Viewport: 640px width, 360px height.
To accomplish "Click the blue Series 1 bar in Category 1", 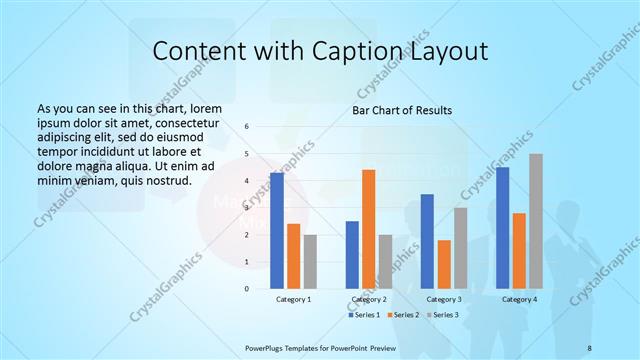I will (x=276, y=231).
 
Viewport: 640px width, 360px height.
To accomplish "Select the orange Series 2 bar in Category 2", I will (x=369, y=229).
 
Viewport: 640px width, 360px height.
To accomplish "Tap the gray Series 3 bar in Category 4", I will (x=536, y=221).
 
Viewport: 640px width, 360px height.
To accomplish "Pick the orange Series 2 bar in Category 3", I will (x=444, y=264).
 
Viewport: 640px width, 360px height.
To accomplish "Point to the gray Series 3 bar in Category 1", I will (x=310, y=262).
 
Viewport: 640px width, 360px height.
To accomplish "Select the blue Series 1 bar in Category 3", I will (x=427, y=241).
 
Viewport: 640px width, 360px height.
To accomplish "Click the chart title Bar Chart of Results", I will (x=402, y=110).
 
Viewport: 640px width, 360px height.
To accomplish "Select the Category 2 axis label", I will (x=369, y=299).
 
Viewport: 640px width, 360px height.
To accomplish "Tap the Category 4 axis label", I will (x=519, y=299).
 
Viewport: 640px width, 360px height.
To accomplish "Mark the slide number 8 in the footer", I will (x=589, y=346).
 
